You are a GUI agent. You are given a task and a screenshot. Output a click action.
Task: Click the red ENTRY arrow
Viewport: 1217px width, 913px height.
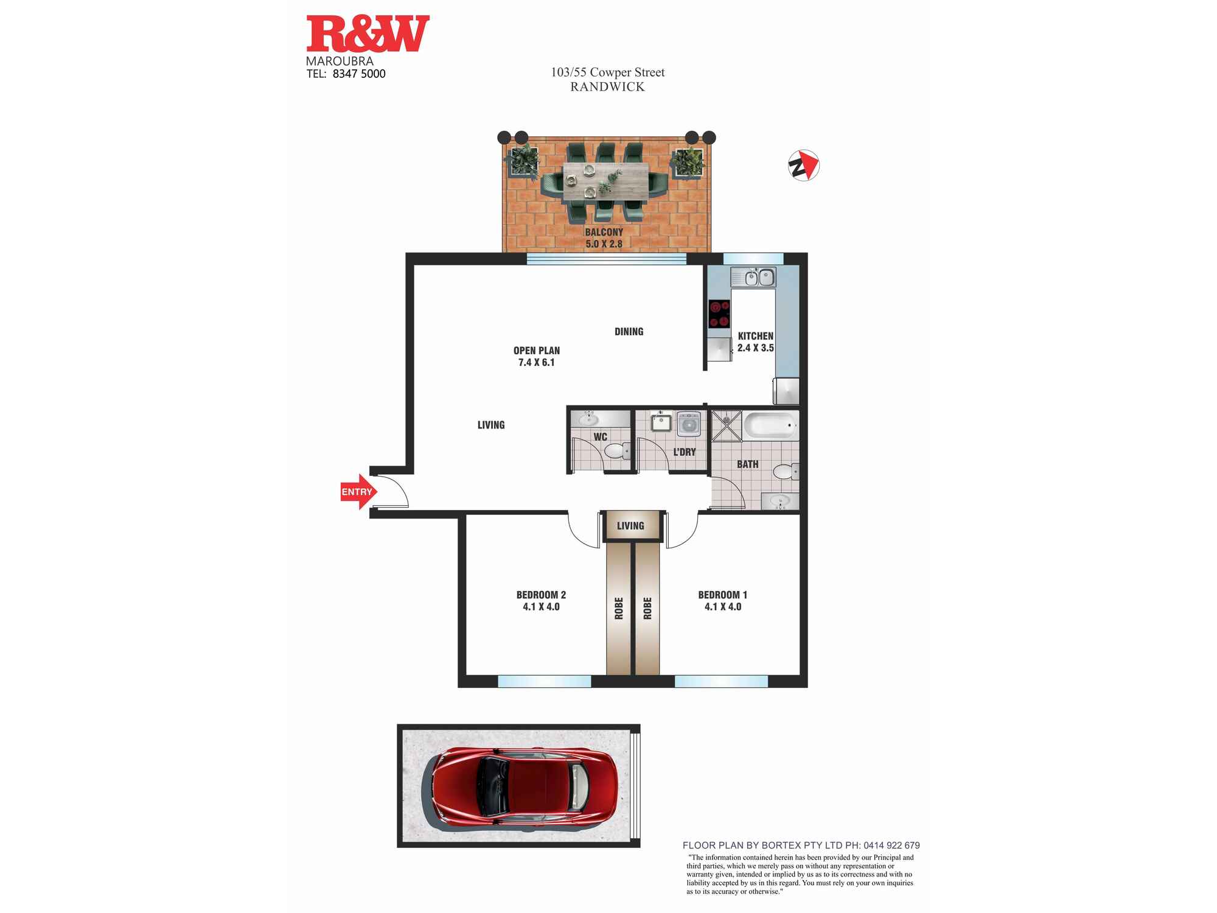pos(358,491)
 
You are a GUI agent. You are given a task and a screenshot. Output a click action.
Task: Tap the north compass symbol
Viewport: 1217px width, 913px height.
pos(804,166)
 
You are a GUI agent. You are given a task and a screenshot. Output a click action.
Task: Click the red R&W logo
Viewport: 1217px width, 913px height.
pos(368,34)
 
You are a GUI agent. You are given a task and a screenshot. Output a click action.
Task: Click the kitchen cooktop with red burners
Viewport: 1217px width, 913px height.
pos(719,314)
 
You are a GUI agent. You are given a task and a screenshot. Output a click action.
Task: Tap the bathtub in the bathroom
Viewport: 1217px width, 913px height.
pos(770,425)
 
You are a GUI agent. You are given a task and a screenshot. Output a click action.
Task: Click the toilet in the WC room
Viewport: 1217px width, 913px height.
pos(616,451)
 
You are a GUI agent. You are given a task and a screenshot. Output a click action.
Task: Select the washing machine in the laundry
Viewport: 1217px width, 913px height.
pos(689,424)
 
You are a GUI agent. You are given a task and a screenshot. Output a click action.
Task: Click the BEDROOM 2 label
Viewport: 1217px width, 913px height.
pos(541,595)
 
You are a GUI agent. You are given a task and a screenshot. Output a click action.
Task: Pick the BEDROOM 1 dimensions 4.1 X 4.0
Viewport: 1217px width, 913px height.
pos(723,607)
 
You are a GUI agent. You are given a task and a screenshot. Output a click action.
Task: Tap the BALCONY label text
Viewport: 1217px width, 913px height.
pos(604,232)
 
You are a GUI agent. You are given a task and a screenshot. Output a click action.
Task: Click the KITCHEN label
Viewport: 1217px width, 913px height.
pos(755,336)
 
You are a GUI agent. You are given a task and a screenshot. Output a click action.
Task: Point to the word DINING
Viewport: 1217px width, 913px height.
pos(629,332)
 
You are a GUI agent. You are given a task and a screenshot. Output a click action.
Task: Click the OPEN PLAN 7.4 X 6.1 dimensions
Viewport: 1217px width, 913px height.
pos(536,362)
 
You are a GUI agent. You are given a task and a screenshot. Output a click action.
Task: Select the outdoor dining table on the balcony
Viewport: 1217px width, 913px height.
pos(603,181)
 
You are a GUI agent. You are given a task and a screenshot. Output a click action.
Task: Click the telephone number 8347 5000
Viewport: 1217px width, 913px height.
pos(359,74)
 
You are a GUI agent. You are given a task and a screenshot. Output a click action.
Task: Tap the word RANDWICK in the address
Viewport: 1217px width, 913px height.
pos(607,87)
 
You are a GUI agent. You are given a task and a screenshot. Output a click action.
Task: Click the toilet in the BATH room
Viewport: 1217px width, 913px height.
pos(785,472)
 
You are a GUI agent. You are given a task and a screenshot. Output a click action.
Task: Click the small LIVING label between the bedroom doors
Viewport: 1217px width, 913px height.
pos(630,526)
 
